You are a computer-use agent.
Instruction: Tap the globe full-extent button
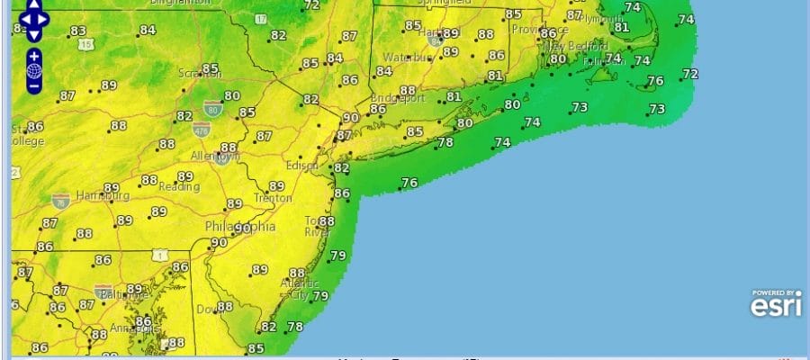coord(34,70)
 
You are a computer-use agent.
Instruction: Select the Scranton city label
coord(199,74)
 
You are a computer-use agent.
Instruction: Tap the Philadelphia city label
coord(240,227)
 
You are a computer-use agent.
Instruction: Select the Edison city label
coord(302,166)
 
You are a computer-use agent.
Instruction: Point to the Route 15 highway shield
coord(86,44)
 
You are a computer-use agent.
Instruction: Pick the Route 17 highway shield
coord(261,19)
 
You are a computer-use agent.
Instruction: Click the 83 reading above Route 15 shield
coord(77,31)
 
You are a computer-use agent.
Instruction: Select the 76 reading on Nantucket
coord(655,81)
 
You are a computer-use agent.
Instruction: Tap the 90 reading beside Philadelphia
coord(219,242)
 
